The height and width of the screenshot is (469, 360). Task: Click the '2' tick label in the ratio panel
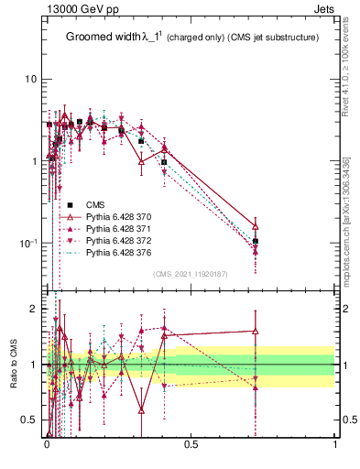35,310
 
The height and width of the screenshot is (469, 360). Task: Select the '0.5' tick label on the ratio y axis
31,420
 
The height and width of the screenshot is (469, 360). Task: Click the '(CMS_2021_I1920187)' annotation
191,273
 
